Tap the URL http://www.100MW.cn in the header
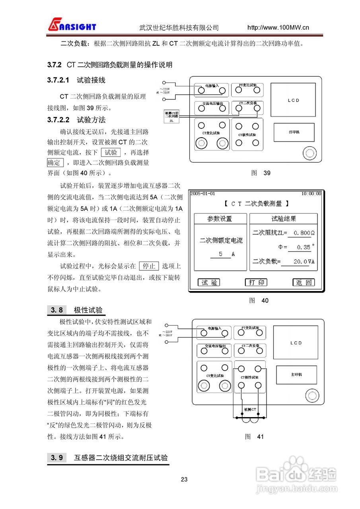(x=278, y=27)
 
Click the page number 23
(x=184, y=479)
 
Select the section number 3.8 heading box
(x=57, y=310)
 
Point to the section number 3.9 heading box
(x=57, y=458)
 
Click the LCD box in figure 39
(x=293, y=100)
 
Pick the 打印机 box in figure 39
(x=294, y=132)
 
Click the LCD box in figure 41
(x=296, y=343)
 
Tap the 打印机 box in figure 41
(x=296, y=375)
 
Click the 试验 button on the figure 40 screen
(x=209, y=282)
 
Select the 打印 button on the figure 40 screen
(x=256, y=282)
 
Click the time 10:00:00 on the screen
(x=311, y=194)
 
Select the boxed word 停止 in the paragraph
(x=149, y=266)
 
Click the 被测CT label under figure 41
(x=251, y=410)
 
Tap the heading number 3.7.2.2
(x=58, y=120)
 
